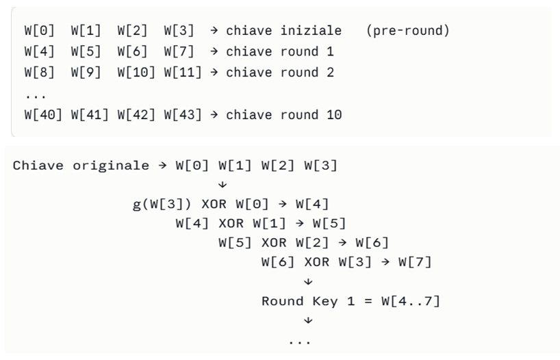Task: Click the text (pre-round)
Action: [x=407, y=31]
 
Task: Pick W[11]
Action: [x=183, y=73]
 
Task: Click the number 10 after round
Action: [x=333, y=114]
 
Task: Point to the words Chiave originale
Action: [x=81, y=166]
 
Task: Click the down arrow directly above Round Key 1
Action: [x=307, y=281]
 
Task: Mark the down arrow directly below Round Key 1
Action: [x=307, y=320]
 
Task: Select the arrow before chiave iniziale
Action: [x=214, y=31]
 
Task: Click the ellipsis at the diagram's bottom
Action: [x=299, y=341]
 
